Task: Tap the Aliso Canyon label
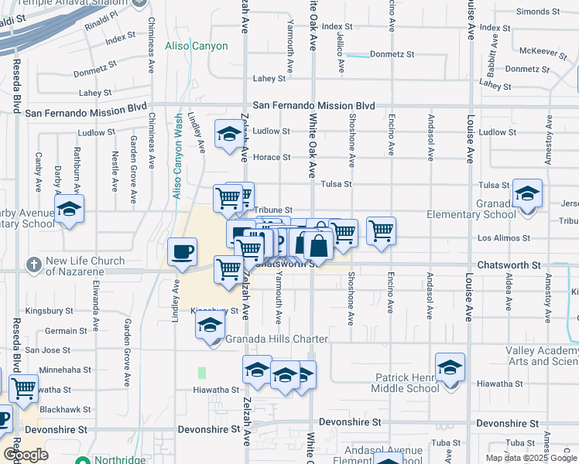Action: pos(197,46)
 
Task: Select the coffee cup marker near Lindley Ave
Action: pos(182,252)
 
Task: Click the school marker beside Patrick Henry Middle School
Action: pos(450,367)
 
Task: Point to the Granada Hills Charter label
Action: pos(276,339)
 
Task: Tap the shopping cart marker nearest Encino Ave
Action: pos(381,230)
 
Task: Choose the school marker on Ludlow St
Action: pos(229,135)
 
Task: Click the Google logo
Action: pos(26,455)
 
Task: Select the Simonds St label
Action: pos(538,12)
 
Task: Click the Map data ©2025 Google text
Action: pos(531,458)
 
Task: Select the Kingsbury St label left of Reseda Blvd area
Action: pos(49,311)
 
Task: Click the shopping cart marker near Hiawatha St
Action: pos(23,388)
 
